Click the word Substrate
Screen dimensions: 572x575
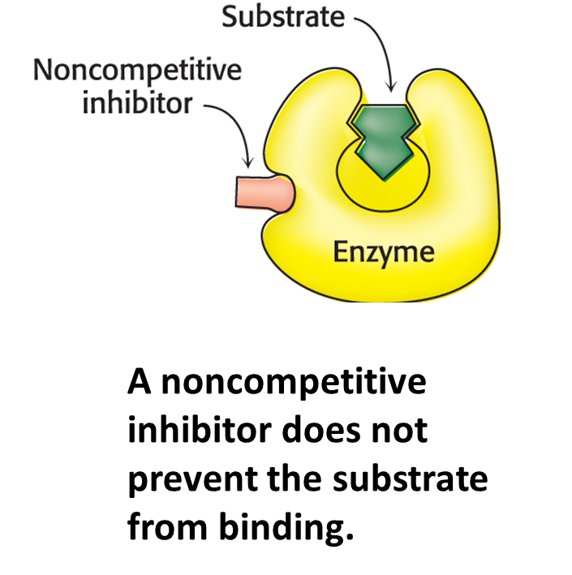283,18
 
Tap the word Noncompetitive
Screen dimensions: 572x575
136,71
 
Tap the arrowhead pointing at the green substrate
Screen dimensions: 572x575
392,88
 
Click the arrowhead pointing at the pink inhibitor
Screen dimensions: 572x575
251,165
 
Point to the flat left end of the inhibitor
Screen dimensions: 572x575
238,192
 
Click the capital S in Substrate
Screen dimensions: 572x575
230,18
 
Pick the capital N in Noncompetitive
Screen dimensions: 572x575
41,71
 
